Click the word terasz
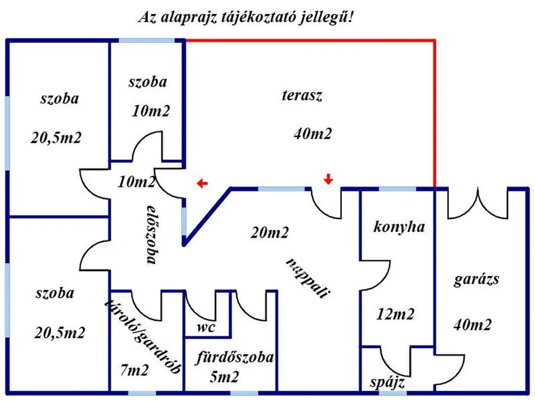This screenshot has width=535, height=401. [x=302, y=95]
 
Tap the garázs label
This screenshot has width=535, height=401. [x=476, y=280]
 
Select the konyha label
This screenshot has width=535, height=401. [x=399, y=227]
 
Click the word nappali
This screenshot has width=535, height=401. [x=308, y=278]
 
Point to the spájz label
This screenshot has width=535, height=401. [x=387, y=382]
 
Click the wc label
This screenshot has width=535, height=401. [x=206, y=327]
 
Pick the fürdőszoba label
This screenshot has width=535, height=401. [x=235, y=357]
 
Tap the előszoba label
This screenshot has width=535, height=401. [x=152, y=234]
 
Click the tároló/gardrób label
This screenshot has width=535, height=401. [x=143, y=336]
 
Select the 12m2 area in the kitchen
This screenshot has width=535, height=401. [x=395, y=314]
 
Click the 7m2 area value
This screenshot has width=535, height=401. [x=134, y=370]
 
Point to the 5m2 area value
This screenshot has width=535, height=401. [x=224, y=377]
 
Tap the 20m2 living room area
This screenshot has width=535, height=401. [x=270, y=232]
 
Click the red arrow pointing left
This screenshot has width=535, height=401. [x=202, y=183]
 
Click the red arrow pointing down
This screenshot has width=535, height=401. [x=328, y=179]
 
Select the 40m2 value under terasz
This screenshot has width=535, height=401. [x=312, y=133]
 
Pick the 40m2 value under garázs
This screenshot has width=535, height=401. [x=472, y=324]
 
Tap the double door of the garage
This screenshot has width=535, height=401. [x=478, y=203]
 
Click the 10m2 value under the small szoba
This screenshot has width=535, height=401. [x=151, y=111]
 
